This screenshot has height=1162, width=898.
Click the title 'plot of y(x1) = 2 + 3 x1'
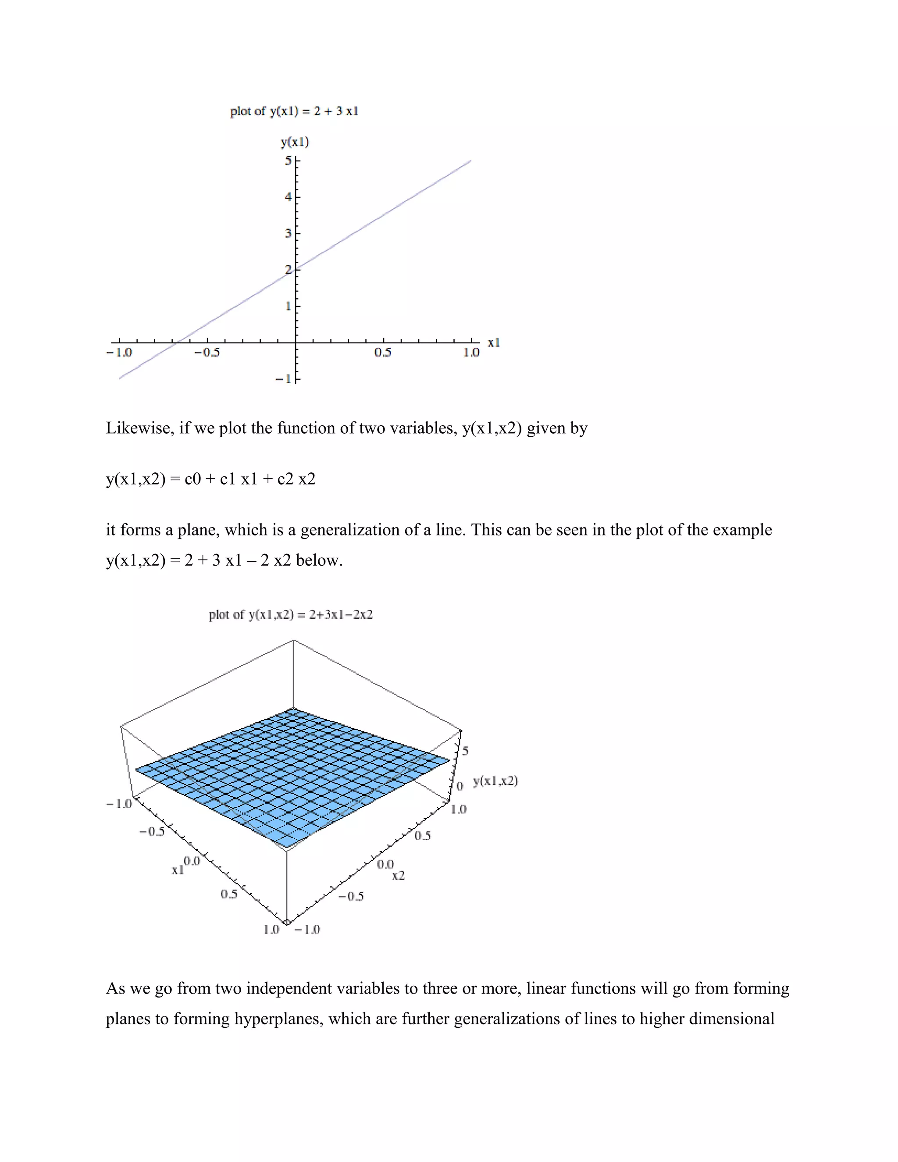[x=294, y=111]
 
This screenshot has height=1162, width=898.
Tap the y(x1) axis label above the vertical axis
[x=295, y=142]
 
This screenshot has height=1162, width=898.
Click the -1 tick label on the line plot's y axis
[x=283, y=379]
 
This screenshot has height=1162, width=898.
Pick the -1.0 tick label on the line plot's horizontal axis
[x=119, y=353]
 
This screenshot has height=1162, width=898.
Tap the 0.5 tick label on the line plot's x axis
[x=382, y=353]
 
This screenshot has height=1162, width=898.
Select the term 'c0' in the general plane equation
[x=192, y=479]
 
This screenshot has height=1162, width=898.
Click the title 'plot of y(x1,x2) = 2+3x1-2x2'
[x=291, y=615]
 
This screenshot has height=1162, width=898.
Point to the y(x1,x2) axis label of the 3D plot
[x=495, y=781]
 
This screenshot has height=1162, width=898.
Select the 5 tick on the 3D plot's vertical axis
[x=466, y=751]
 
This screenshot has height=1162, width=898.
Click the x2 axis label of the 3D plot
[x=399, y=876]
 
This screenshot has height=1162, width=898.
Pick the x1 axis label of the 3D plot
[x=177, y=870]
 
